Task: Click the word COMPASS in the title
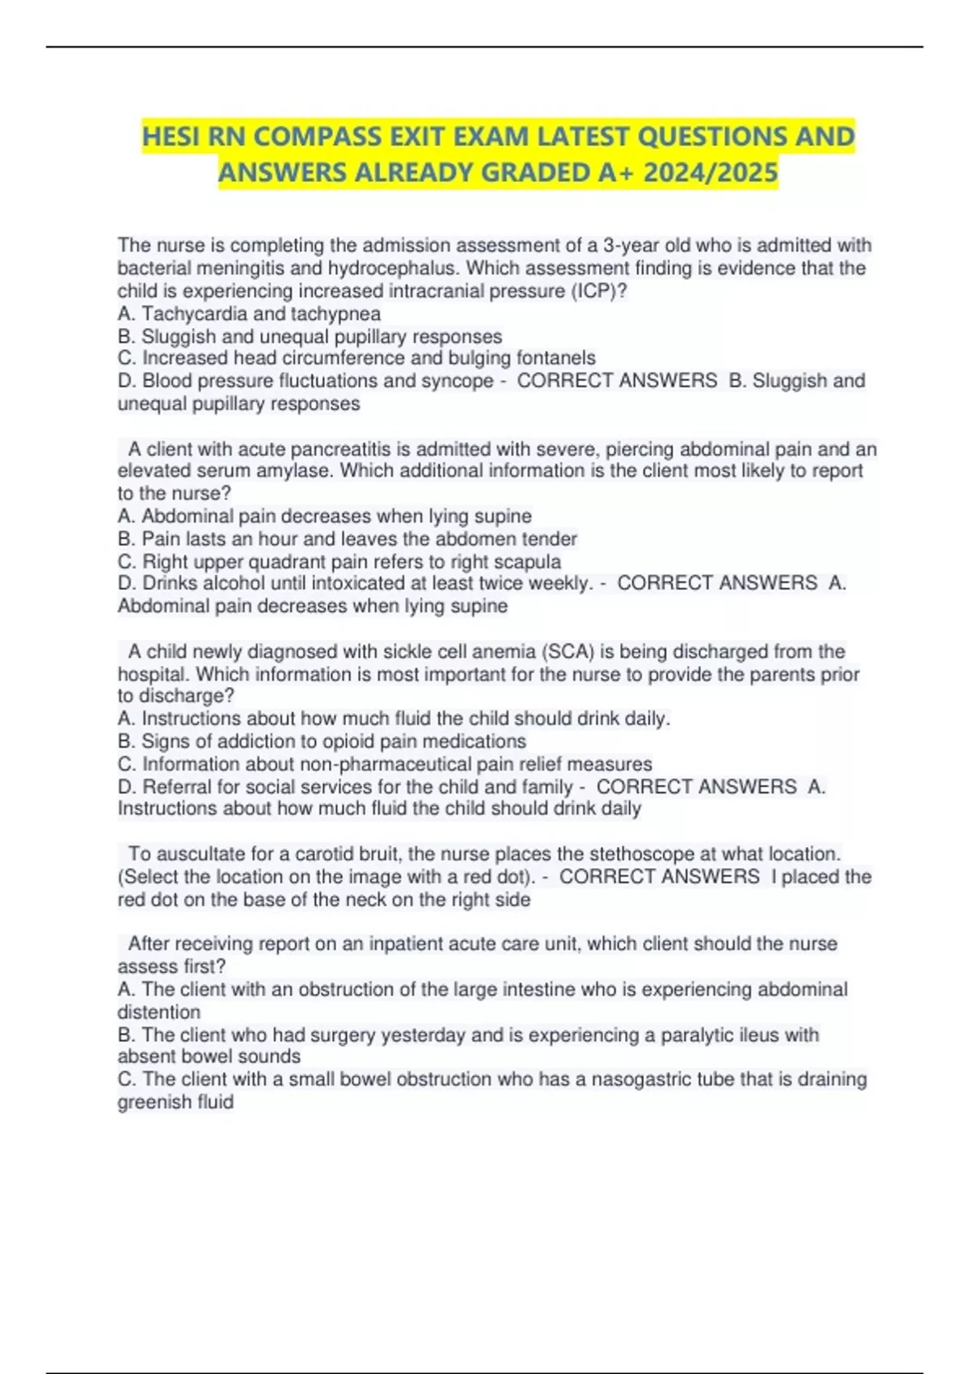(322, 137)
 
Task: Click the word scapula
(525, 562)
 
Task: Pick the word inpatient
(413, 944)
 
